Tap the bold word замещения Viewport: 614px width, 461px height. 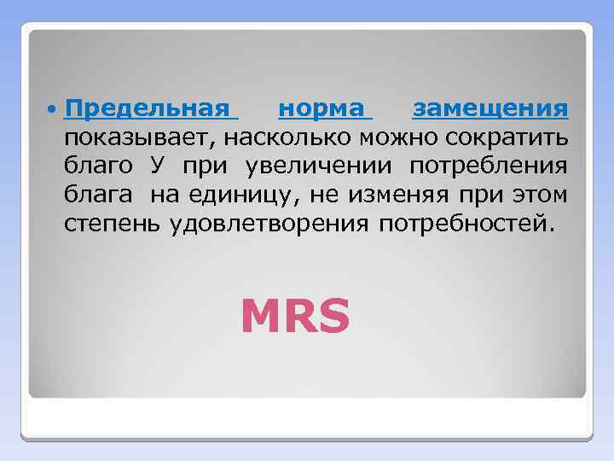(489, 109)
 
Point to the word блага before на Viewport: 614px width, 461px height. (98, 196)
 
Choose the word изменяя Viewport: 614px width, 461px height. (385, 196)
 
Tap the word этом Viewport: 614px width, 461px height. (541, 196)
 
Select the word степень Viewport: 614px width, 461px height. (114, 225)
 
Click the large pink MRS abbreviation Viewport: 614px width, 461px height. (295, 316)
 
